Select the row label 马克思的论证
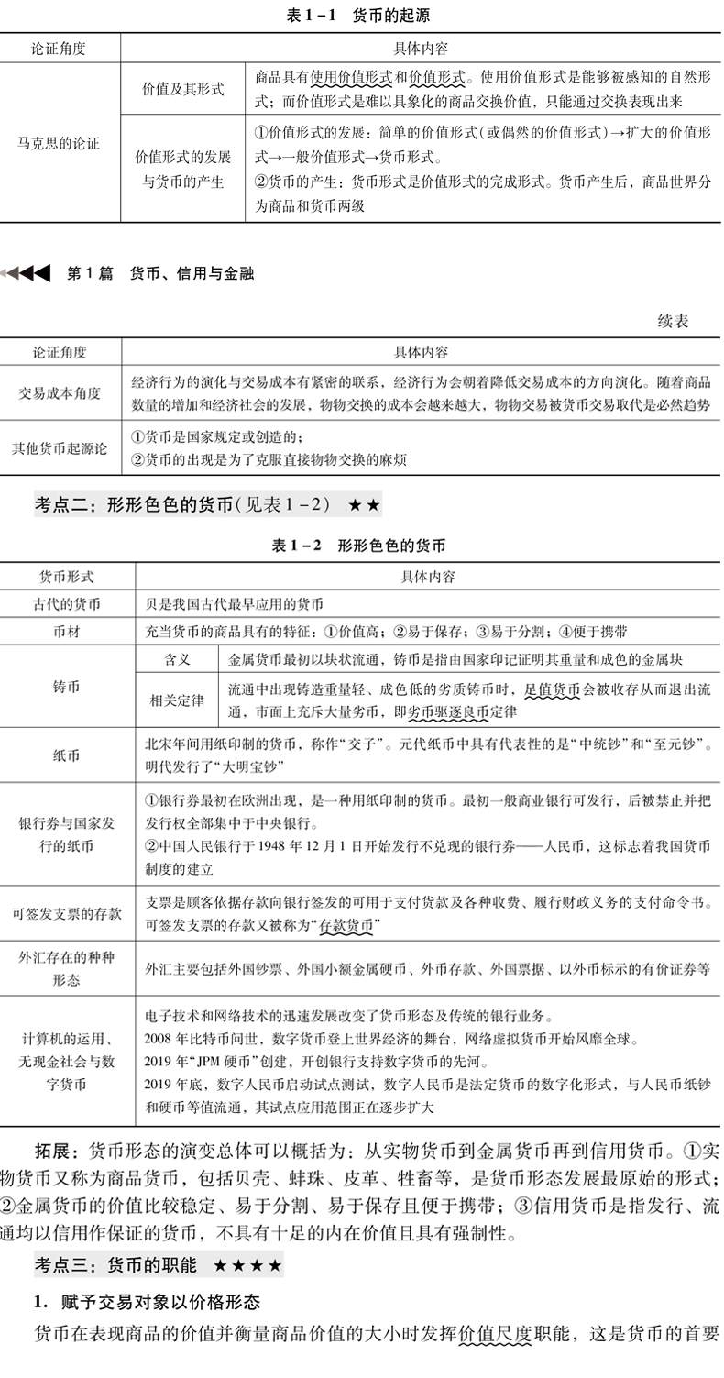pos(60,143)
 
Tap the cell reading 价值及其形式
pos(182,89)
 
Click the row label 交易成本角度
pos(60,392)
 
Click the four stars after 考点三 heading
pos(248,1266)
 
